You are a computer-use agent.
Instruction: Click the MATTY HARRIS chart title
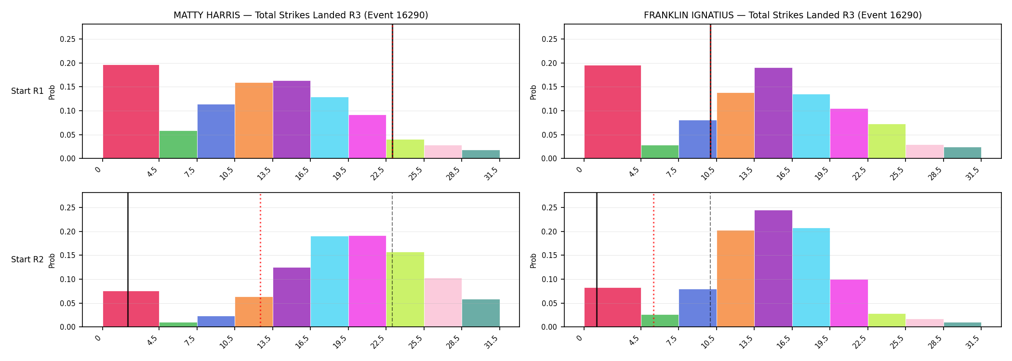click(x=301, y=15)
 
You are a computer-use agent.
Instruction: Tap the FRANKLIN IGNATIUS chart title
click(x=783, y=15)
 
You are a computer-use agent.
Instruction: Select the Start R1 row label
click(x=27, y=91)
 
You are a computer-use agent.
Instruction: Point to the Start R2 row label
click(x=27, y=260)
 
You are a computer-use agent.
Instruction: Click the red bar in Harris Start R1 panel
click(x=131, y=112)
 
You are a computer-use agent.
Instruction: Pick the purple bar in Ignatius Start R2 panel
click(x=773, y=269)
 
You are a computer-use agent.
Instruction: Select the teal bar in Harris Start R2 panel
click(x=481, y=313)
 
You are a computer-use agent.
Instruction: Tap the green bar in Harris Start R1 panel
click(x=178, y=145)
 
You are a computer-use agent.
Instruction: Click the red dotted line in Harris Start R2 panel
click(x=260, y=260)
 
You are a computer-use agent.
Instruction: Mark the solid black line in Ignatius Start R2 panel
click(x=597, y=260)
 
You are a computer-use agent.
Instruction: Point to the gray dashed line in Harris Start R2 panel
click(x=392, y=260)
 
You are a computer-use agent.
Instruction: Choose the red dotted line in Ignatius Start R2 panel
click(x=653, y=260)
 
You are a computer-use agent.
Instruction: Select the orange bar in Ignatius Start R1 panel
click(x=736, y=126)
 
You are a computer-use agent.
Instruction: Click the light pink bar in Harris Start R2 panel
click(x=443, y=303)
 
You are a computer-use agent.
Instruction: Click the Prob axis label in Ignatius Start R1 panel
click(x=533, y=92)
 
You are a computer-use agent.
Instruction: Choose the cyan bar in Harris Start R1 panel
click(x=330, y=128)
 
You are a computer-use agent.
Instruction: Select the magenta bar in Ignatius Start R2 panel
click(x=849, y=303)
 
